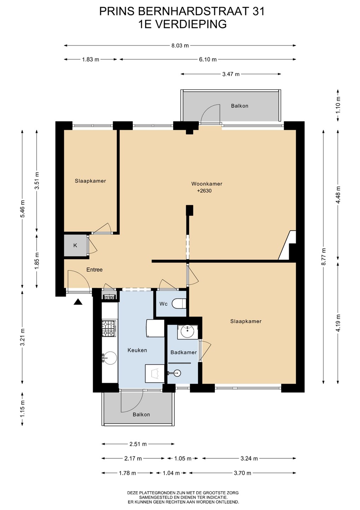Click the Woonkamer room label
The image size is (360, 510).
coord(207,184)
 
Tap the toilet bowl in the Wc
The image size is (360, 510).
coord(179,304)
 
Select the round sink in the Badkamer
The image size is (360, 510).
coord(187,331)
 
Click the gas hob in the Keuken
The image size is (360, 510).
coord(109,329)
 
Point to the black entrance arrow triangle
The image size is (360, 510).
coord(78,302)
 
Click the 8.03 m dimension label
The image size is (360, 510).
coord(180,46)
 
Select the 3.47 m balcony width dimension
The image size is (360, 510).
coord(231,74)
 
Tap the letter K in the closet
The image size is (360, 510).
coord(75,245)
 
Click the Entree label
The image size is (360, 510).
coord(94,270)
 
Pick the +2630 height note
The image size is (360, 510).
coord(204,191)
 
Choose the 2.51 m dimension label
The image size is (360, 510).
coord(138,444)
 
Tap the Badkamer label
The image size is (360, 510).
coord(184,352)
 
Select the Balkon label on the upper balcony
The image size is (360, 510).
coord(239,106)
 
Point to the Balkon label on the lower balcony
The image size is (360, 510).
coord(141,415)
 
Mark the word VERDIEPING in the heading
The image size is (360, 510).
coord(191,24)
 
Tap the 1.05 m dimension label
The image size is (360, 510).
coord(183,459)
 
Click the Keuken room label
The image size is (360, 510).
coord(137,350)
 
